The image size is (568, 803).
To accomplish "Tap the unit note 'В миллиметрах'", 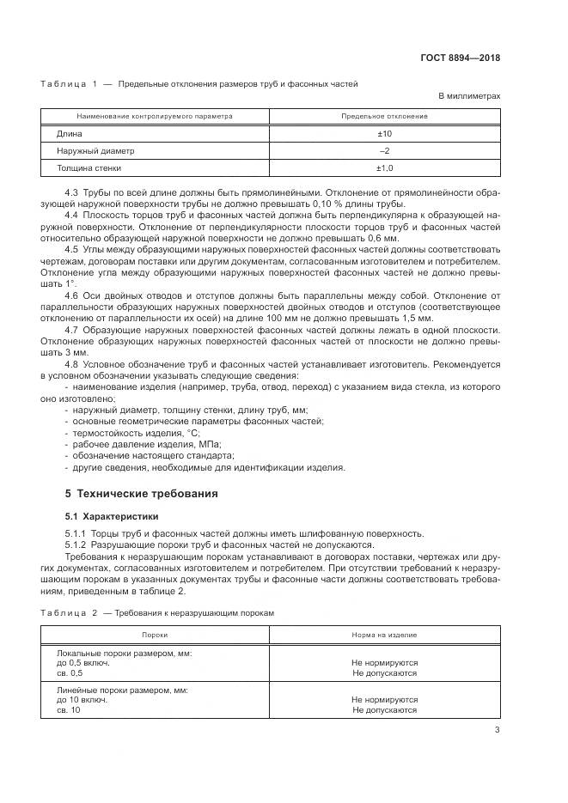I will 469,97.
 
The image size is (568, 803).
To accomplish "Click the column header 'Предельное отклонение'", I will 385,116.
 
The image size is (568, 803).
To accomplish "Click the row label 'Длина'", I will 69,134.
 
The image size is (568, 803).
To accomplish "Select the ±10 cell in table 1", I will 385,134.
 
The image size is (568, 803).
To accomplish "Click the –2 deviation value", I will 385,150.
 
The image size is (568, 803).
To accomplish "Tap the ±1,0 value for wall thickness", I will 385,167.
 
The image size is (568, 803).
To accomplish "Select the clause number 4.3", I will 72,193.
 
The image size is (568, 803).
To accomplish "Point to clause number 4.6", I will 72,295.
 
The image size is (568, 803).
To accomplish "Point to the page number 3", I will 497,731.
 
